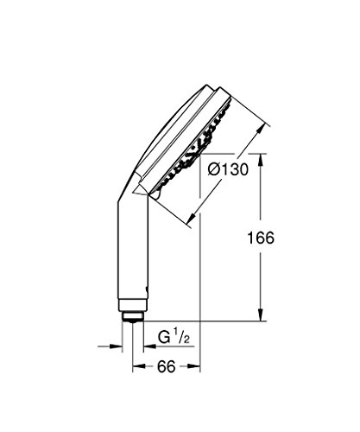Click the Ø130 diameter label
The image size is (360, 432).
point(228,169)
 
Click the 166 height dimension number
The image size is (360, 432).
point(261,238)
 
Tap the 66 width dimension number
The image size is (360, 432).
point(167,366)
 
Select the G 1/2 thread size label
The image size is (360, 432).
point(174,338)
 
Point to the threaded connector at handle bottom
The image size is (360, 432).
point(133,317)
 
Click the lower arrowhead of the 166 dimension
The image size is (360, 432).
point(261,314)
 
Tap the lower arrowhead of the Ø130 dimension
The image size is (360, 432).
point(192,219)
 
